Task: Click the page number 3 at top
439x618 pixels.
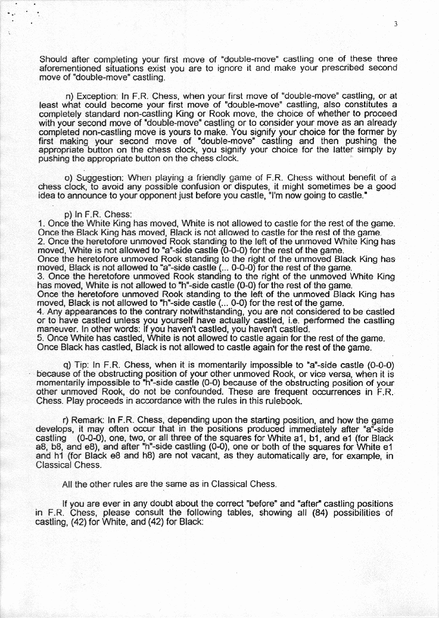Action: coord(395,24)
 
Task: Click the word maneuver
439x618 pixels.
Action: coord(56,329)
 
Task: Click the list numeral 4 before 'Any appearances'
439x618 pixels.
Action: coord(39,311)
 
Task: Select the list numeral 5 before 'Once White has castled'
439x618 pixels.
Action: coord(39,339)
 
